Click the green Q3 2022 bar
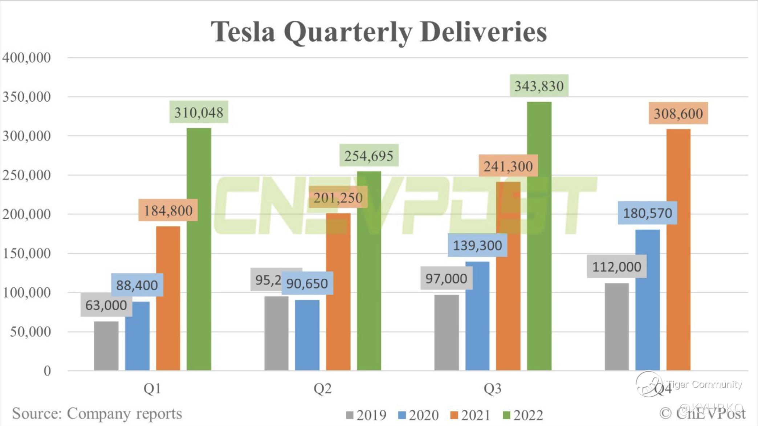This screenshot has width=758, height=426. (539, 236)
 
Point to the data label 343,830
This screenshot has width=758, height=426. (539, 86)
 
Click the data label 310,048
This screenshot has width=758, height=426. (199, 112)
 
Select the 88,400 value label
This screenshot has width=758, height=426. (137, 285)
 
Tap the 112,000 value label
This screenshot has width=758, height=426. (616, 267)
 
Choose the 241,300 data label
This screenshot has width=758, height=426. (508, 166)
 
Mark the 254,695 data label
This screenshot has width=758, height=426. (369, 156)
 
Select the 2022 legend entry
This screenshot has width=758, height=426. (523, 415)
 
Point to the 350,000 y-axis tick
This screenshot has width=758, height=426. (27, 97)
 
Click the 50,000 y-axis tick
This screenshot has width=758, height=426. (30, 332)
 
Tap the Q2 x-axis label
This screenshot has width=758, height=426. (322, 389)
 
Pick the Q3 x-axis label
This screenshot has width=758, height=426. (492, 389)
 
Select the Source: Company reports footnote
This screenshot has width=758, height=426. (97, 413)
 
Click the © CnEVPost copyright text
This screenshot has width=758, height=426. (702, 413)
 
